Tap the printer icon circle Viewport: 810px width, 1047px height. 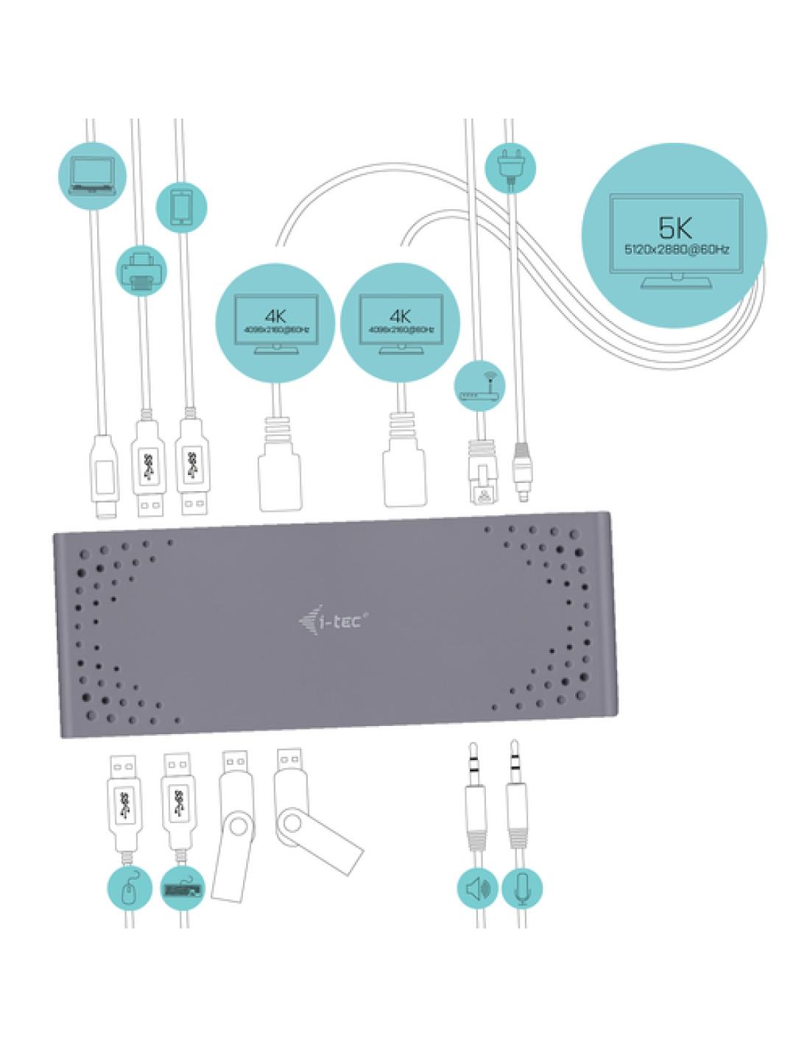(141, 270)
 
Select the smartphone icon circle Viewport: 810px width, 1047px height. (182, 207)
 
